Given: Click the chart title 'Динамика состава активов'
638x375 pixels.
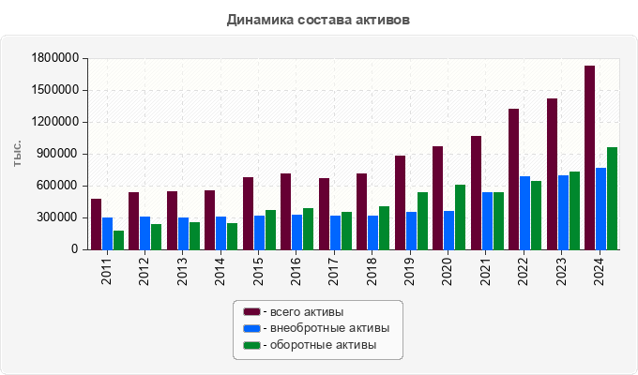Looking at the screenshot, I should pyautogui.click(x=319, y=19).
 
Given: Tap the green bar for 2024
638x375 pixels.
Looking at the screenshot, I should pyautogui.click(x=612, y=199).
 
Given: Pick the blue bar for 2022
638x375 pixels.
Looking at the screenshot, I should pyautogui.click(x=524, y=213).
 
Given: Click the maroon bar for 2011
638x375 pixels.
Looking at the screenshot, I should pyautogui.click(x=96, y=224).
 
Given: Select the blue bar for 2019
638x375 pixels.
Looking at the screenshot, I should pyautogui.click(x=411, y=231).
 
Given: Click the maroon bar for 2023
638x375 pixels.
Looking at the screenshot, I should pyautogui.click(x=552, y=174).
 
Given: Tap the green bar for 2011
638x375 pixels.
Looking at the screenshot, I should pyautogui.click(x=118, y=240).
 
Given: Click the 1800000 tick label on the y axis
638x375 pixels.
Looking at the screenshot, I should pyautogui.click(x=53, y=58).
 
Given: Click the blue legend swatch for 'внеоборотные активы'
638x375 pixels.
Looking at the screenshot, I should pyautogui.click(x=251, y=328).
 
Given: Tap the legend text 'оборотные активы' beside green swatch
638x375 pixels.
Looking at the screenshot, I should pyautogui.click(x=323, y=345).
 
